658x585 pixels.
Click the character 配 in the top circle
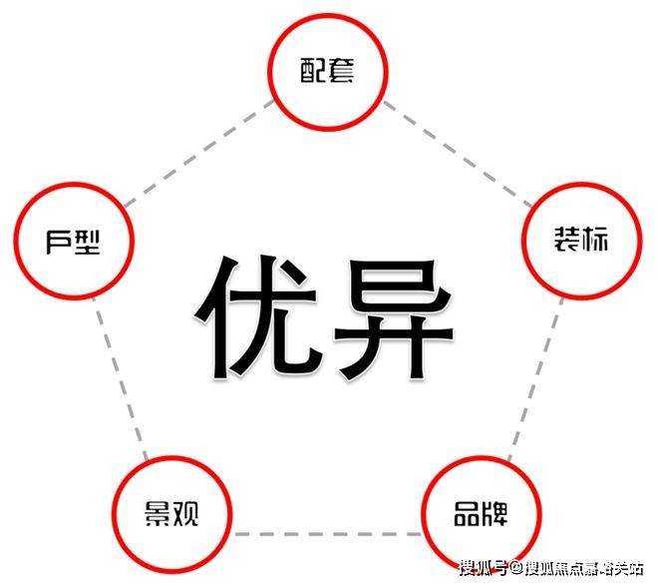pos(313,71)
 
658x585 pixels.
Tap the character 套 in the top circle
pos(340,71)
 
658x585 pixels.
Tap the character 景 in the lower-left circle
pos(158,515)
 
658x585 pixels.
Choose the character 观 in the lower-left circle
pos(185,515)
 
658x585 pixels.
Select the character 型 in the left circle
pos(88,241)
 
